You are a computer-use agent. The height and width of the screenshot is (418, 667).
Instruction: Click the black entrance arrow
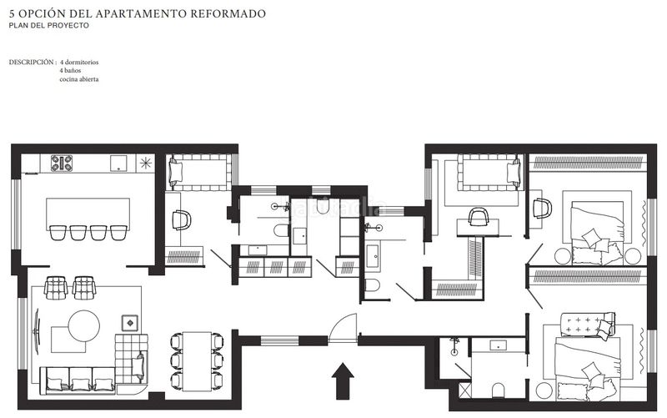[343, 381]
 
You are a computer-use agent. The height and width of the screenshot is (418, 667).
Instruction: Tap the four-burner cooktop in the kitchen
[62, 163]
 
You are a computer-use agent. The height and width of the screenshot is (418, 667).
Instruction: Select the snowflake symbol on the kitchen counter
[146, 163]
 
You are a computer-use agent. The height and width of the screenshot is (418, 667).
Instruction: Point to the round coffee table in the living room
[84, 325]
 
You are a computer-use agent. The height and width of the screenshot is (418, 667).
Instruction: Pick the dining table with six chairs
[197, 361]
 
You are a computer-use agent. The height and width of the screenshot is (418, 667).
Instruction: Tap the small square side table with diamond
[130, 323]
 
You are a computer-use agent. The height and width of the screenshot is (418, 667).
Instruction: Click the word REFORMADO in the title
[228, 13]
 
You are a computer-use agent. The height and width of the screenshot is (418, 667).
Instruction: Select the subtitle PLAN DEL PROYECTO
[49, 26]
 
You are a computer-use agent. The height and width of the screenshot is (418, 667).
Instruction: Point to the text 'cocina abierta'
[79, 79]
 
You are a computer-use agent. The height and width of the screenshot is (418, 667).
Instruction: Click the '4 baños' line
[70, 71]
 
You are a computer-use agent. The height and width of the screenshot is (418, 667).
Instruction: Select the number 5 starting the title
[12, 13]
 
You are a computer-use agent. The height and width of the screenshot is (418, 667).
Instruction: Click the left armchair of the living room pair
[56, 287]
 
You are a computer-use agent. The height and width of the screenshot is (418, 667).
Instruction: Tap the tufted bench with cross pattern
[587, 324]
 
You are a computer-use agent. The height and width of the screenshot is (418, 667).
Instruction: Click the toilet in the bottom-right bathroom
[498, 390]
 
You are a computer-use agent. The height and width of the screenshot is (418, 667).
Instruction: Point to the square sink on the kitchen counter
[118, 163]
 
